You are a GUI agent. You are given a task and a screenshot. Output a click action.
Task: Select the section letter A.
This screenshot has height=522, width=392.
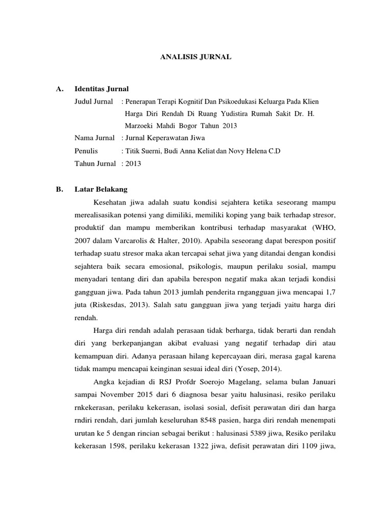(x=60, y=89)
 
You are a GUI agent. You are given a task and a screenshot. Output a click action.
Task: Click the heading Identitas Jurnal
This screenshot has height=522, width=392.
(x=102, y=89)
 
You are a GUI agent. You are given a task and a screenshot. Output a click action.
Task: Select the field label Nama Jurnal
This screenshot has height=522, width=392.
(x=95, y=138)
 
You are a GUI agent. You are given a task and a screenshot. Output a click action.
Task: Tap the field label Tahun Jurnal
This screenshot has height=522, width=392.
(x=95, y=164)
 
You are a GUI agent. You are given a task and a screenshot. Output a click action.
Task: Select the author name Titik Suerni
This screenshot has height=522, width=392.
(x=144, y=151)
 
